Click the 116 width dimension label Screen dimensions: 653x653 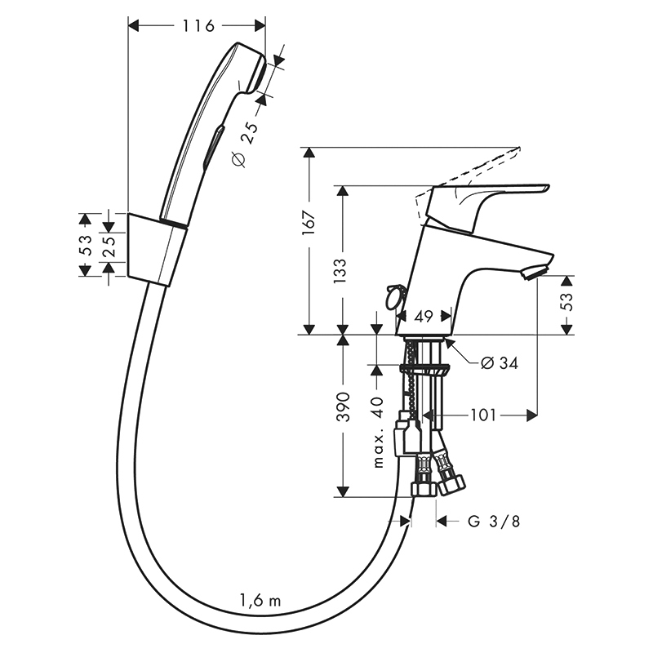[x=198, y=26]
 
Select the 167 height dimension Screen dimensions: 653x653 [x=309, y=223]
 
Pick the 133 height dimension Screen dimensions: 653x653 [x=340, y=271]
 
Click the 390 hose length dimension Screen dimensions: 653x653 [x=343, y=406]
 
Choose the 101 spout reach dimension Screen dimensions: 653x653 [x=483, y=415]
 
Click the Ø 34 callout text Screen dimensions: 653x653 [x=500, y=363]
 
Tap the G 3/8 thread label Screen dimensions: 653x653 [x=494, y=522]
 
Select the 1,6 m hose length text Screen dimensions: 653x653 [x=260, y=601]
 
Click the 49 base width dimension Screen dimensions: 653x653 [x=424, y=317]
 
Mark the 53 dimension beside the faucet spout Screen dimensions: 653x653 [x=566, y=301]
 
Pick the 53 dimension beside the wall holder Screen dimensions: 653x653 [x=85, y=245]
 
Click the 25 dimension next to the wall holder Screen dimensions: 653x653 [x=109, y=247]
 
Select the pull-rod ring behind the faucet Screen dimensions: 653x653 [x=395, y=298]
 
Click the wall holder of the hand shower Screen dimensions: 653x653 [x=157, y=250]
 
